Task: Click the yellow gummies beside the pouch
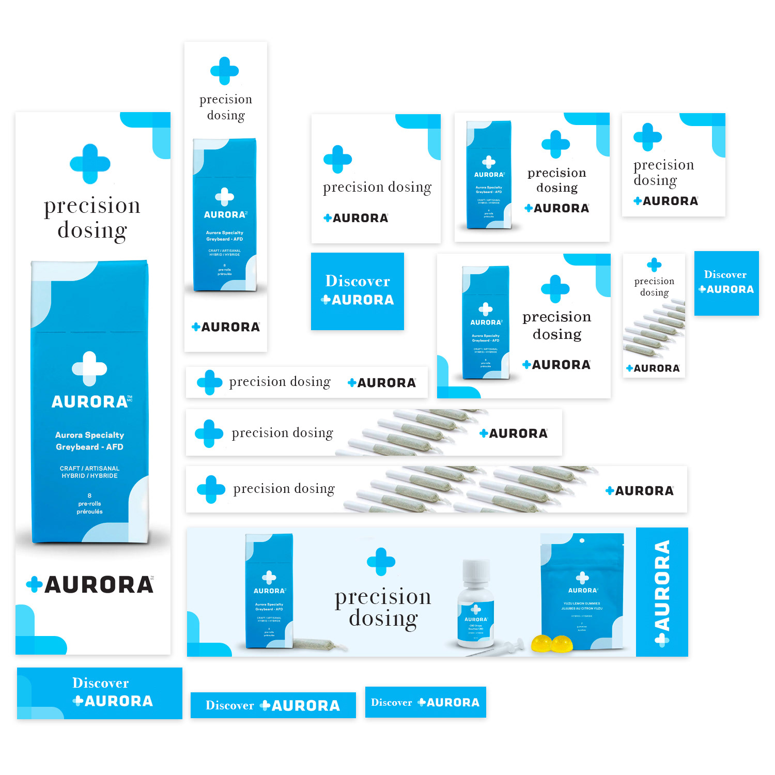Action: [x=552, y=643]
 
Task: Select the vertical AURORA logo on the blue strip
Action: [x=662, y=592]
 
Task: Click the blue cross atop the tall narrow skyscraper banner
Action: [x=224, y=71]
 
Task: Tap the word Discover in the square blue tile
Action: [x=358, y=281]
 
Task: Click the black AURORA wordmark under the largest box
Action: [x=98, y=585]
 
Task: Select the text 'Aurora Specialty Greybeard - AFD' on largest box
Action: [x=89, y=441]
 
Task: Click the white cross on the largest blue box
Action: [x=89, y=368]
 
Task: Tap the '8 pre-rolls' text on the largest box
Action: [x=89, y=503]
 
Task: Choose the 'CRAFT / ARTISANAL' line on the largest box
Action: [x=89, y=469]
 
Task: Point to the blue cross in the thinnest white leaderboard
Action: [x=209, y=382]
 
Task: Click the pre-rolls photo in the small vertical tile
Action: [x=654, y=331]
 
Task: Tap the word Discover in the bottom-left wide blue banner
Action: [x=100, y=683]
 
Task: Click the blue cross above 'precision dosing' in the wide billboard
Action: [x=381, y=561]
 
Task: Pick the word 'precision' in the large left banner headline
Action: [x=92, y=206]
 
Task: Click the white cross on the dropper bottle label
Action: [x=476, y=609]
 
